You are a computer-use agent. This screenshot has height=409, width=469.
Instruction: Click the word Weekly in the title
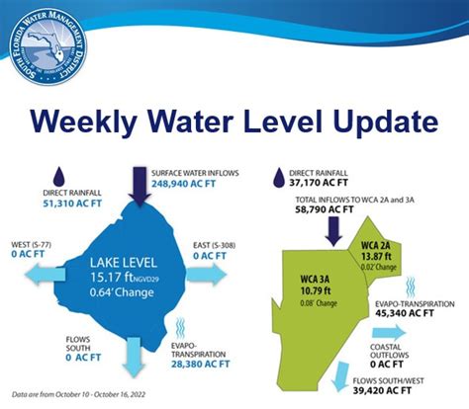coord(98,123)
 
